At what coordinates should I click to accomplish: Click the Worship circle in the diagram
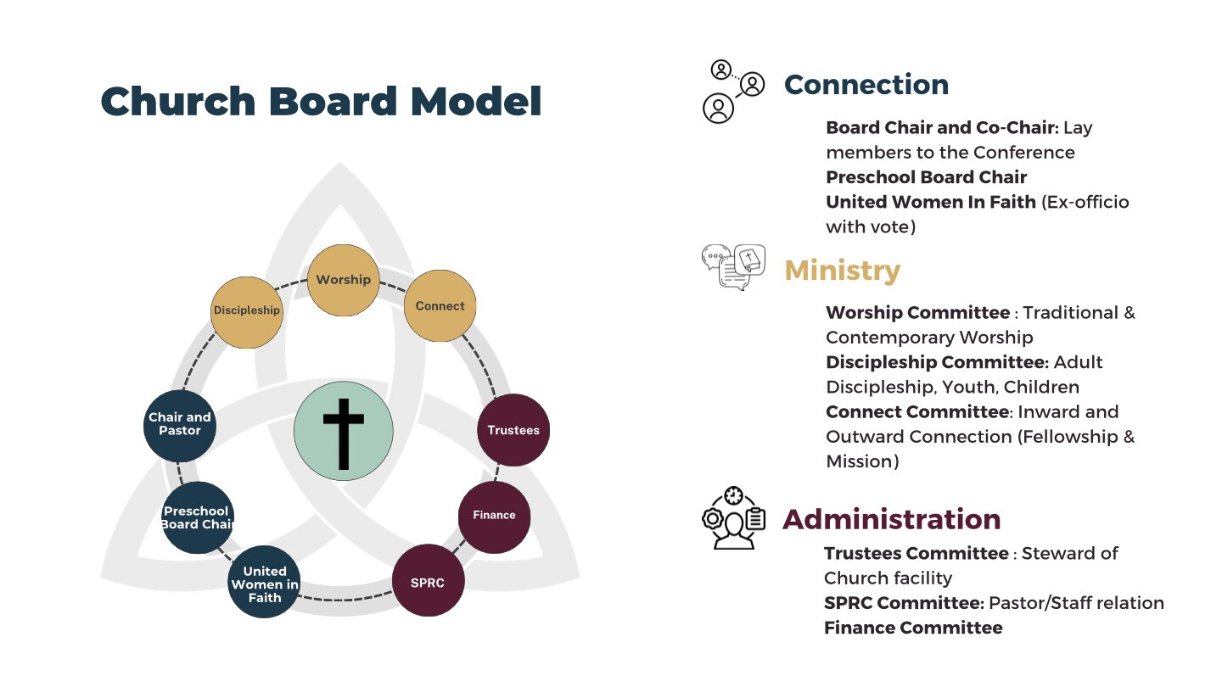pos(343,280)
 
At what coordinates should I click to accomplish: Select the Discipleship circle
pos(247,312)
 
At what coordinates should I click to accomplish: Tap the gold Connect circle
pos(440,306)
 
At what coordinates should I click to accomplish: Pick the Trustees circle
pos(513,430)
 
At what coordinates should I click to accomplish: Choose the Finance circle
pos(494,517)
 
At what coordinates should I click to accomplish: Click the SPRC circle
pos(429,581)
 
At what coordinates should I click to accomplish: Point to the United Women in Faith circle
pos(264,582)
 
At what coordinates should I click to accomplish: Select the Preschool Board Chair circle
pos(198,517)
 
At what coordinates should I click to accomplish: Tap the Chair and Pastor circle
pos(180,426)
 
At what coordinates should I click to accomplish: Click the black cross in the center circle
pos(343,434)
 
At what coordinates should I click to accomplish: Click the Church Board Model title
pos(321,102)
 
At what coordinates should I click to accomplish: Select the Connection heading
pos(866,85)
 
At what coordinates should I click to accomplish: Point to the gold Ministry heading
pos(843,271)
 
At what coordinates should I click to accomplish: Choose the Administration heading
pos(892,519)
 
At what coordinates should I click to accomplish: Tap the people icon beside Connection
pos(734,92)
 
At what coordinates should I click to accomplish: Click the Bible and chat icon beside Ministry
pos(734,267)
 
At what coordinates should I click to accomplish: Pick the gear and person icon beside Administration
pos(734,517)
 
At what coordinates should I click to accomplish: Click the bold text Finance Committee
pos(913,628)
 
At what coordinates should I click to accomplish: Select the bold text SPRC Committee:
pos(904,603)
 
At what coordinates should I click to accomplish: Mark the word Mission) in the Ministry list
pos(862,461)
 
